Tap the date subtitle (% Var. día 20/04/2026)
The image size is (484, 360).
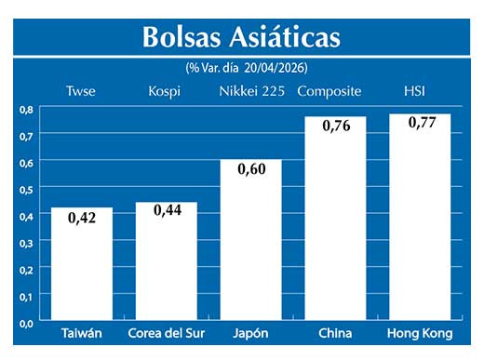247,68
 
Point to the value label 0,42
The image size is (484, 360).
81,219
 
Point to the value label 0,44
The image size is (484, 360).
167,212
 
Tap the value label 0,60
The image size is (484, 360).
250,170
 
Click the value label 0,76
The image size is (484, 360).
335,127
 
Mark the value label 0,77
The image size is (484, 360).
421,124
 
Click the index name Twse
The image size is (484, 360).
81,90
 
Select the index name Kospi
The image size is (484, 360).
165,90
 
